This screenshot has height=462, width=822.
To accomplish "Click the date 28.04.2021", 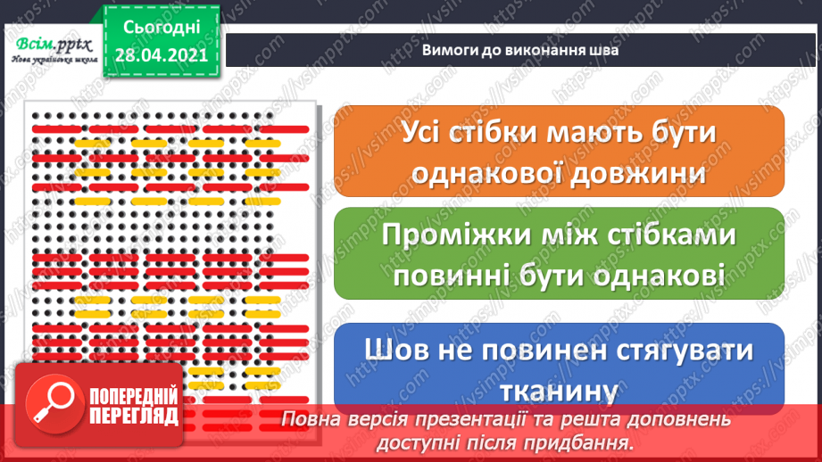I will coord(161,54).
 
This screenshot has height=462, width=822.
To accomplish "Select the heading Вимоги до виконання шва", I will coord(521,51).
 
